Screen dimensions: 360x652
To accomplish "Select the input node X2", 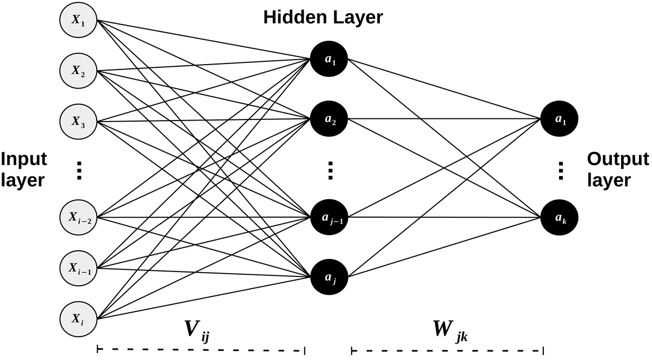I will click(78, 71).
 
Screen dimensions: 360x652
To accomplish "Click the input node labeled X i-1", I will click(78, 268).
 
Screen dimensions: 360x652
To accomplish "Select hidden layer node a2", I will click(330, 118).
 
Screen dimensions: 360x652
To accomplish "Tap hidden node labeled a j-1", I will click(330, 218).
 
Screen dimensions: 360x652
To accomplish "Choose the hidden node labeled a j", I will click(330, 277).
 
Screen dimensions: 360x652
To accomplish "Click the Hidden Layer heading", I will click(323, 17).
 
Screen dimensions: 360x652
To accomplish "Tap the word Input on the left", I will click(23, 159).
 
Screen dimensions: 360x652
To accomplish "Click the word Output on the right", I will click(618, 159).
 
